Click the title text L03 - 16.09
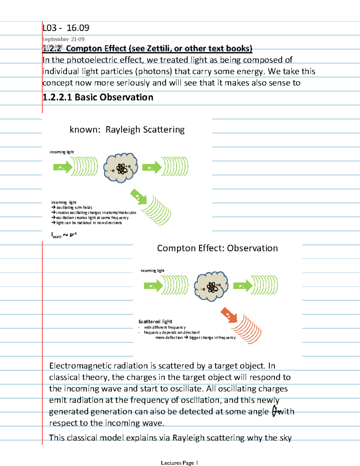click(66, 28)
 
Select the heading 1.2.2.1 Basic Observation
click(98, 97)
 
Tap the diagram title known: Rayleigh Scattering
click(127, 130)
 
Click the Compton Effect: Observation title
click(217, 248)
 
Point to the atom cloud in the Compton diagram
click(211, 287)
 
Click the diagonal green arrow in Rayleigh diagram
click(139, 197)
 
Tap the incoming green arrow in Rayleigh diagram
click(63, 167)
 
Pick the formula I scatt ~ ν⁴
click(64, 235)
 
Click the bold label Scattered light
click(155, 321)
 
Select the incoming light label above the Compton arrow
click(152, 271)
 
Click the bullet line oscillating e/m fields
click(74, 207)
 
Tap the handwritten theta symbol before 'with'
click(274, 411)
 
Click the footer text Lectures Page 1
click(179, 463)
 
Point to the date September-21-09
click(64, 39)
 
